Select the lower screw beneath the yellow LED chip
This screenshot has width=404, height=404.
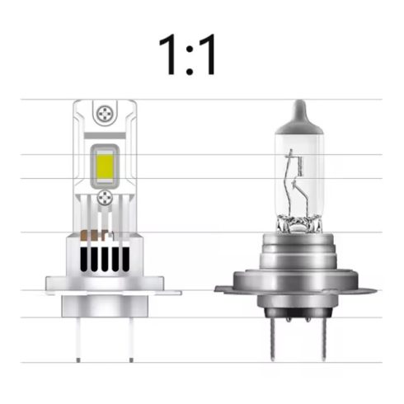(104, 198)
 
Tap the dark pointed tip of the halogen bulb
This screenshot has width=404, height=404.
(298, 109)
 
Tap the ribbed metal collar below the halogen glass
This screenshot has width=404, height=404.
(298, 247)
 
